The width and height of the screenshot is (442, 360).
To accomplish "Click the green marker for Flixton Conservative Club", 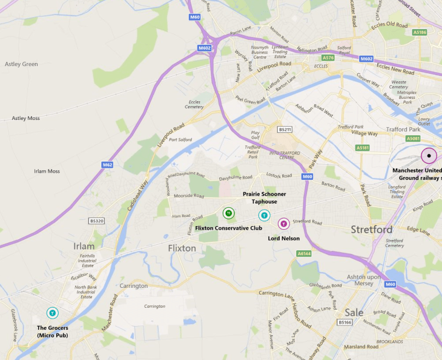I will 228,213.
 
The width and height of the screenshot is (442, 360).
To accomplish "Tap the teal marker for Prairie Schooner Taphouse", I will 264,215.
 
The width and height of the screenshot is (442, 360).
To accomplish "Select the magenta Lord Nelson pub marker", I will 283,224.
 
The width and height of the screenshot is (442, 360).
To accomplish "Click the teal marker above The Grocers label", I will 53,313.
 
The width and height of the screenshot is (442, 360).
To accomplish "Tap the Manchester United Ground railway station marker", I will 429,156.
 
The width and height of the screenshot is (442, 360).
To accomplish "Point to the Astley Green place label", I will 21,64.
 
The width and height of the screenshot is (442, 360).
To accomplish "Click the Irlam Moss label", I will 46,172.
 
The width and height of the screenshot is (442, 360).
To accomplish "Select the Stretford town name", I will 371,230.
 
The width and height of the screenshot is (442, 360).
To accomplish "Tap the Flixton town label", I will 182,248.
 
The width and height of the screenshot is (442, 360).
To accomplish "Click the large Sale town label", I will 354,313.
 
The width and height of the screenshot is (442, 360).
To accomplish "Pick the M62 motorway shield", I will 107,164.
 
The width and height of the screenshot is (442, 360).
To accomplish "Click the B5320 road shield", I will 96,221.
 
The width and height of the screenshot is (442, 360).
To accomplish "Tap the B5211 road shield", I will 285,129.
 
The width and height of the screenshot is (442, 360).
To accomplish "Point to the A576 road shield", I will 328,58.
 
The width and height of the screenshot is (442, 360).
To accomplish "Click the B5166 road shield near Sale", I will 345,322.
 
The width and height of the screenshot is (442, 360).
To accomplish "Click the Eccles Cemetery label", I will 194,104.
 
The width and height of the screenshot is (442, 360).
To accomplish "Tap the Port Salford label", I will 180,140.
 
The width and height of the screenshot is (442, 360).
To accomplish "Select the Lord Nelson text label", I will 283,238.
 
